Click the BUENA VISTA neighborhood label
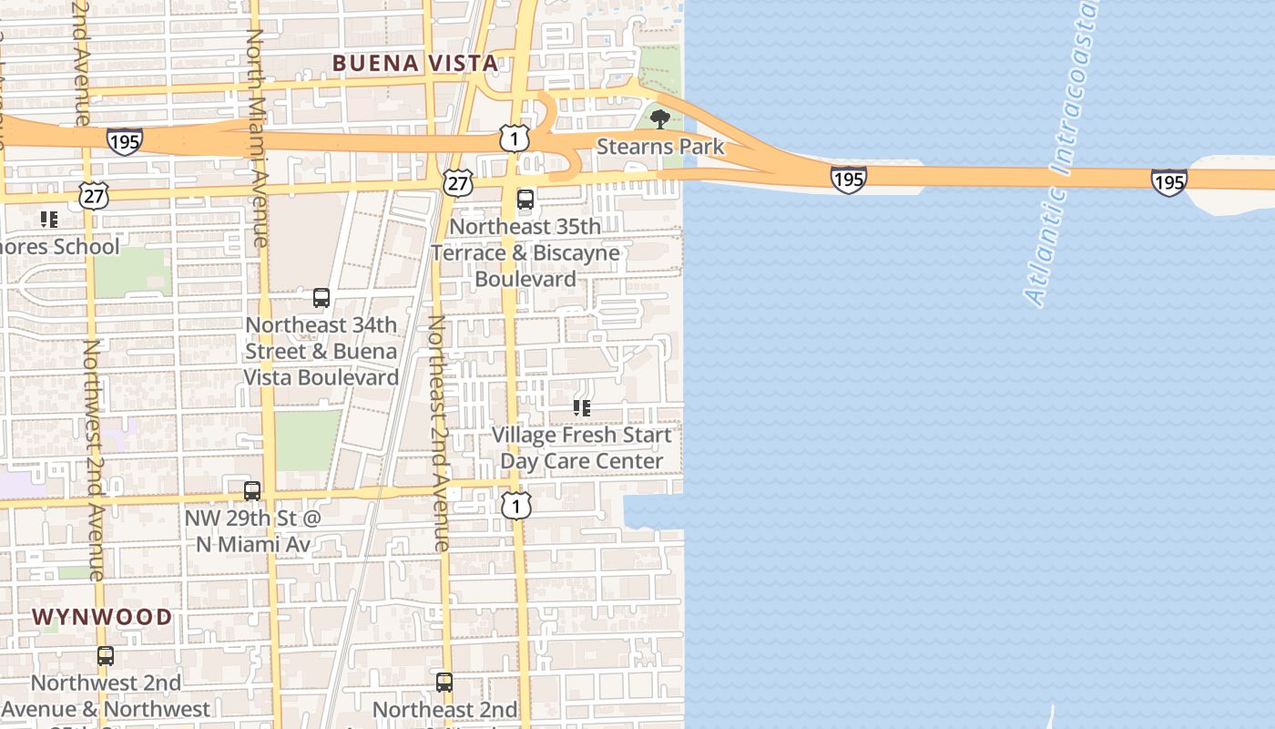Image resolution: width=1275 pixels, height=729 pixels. point(415,63)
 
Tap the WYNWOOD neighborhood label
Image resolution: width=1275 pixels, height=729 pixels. point(102,617)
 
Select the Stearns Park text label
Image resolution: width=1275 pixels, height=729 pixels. point(660,147)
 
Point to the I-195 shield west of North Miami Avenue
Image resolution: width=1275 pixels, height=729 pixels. point(124,141)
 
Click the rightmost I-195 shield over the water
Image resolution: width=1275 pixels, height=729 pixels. point(1168,181)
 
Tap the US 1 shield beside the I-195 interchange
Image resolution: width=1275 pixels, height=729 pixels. point(515,139)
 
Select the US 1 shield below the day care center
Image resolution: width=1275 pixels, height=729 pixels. point(516,505)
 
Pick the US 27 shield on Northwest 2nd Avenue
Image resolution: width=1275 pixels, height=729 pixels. point(94,195)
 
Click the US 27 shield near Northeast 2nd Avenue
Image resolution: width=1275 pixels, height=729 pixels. point(458,181)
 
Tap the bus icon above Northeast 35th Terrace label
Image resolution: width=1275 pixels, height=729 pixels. point(525,200)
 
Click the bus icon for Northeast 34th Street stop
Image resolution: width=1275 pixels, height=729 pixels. point(321,298)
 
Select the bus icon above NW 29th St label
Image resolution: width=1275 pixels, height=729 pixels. point(252,491)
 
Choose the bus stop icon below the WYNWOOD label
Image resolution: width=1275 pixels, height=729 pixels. point(106,656)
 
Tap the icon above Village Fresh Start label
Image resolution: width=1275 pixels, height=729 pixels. point(582,408)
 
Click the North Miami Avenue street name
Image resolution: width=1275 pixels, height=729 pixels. point(258,137)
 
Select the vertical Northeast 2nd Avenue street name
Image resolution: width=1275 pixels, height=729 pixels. point(439,433)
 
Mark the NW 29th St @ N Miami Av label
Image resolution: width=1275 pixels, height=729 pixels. point(252,531)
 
